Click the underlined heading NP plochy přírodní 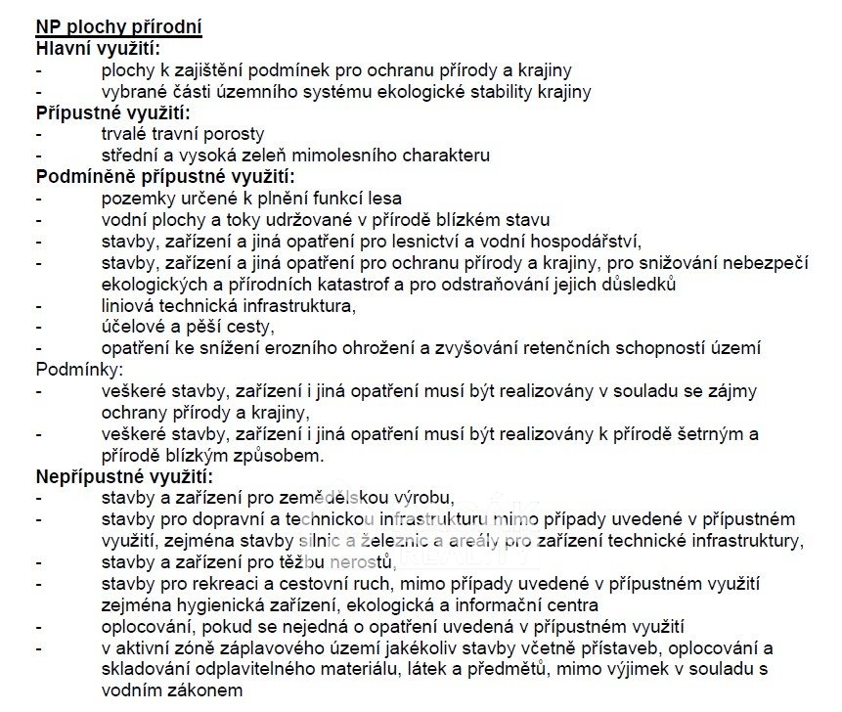(x=119, y=27)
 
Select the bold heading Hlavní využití (x=98, y=48)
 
